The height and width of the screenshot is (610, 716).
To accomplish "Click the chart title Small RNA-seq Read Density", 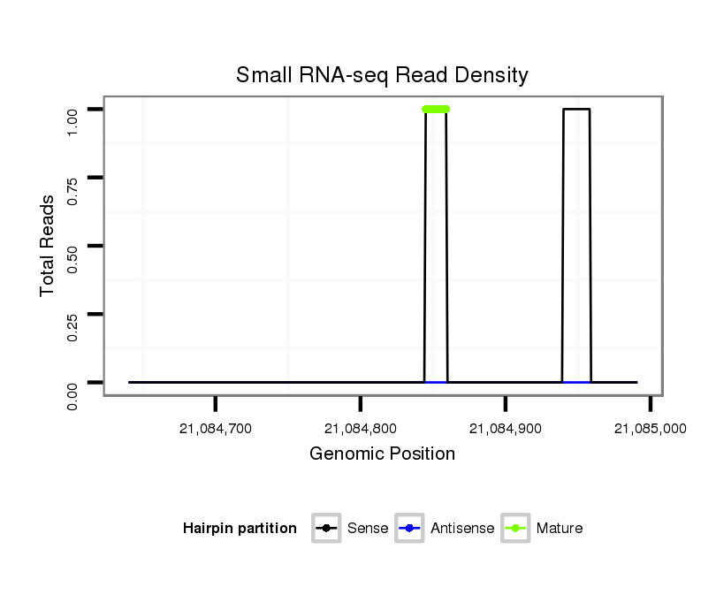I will [x=382, y=75].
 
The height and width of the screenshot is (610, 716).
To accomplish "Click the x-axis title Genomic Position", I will [x=382, y=454].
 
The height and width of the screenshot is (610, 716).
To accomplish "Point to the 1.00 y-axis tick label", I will [x=73, y=110].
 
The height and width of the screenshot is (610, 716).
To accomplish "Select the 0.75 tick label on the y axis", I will [x=73, y=178].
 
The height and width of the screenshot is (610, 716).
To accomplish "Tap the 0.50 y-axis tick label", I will [x=73, y=246].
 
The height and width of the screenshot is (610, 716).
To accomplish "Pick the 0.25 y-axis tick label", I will [x=73, y=314].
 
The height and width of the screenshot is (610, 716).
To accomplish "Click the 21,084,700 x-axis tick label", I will [x=216, y=429].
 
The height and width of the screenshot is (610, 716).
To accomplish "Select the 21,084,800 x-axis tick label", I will [x=361, y=429].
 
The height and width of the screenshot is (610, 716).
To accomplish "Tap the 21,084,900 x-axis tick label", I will [x=506, y=429].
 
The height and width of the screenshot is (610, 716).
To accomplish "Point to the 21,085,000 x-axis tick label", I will [x=650, y=429].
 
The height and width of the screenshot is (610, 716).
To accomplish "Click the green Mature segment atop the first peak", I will [x=436, y=109].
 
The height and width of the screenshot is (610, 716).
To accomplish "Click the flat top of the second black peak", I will [x=576, y=109].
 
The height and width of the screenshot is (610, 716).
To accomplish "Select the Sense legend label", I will [x=368, y=529].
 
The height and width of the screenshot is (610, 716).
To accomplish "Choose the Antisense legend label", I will [x=462, y=529].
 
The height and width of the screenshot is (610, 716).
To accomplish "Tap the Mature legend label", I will [x=560, y=529].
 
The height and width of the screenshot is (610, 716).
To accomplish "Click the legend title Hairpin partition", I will [x=240, y=529].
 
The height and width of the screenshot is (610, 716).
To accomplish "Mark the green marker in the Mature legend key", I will [x=515, y=529].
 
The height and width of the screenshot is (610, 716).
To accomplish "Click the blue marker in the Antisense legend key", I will [x=410, y=529].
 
